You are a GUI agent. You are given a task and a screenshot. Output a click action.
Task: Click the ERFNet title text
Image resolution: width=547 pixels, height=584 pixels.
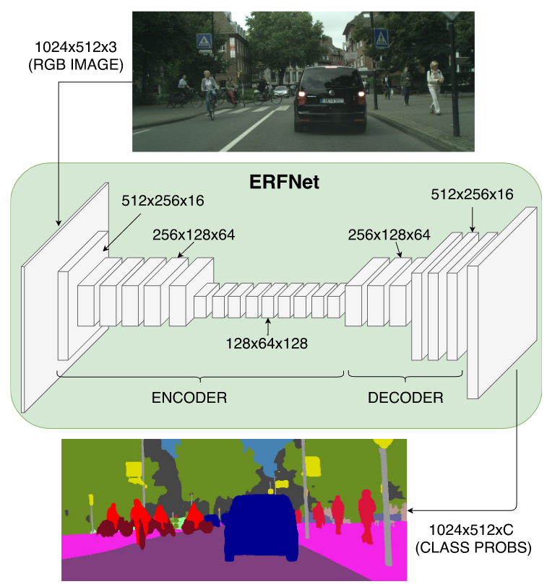[x=284, y=182]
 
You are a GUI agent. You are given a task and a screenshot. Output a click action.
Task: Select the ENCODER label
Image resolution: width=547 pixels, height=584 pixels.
[x=189, y=398]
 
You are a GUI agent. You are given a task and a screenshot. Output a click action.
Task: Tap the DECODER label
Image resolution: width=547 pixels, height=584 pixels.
[x=405, y=398]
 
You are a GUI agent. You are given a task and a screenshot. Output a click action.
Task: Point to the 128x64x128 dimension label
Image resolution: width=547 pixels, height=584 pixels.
[x=267, y=344]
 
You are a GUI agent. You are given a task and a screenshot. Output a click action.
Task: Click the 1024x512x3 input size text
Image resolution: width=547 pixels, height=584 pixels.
[x=76, y=48]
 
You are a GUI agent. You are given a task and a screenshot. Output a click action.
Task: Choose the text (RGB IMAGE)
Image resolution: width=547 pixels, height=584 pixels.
[x=76, y=65]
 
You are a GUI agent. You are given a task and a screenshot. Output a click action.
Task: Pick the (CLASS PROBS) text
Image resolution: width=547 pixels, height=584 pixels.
[x=473, y=547]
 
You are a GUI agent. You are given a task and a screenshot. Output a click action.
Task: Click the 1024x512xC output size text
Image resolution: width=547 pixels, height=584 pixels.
[x=471, y=530]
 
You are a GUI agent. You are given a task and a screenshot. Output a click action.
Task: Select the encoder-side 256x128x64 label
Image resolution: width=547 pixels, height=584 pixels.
[x=194, y=235]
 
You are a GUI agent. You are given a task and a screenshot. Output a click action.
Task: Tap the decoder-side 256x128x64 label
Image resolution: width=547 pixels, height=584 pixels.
[x=389, y=235]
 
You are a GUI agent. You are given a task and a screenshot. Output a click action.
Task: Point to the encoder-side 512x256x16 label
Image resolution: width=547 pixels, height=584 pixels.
[x=163, y=201]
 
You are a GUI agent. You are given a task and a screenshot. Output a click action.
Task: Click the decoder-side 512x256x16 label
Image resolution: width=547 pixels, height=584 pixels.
[x=472, y=194]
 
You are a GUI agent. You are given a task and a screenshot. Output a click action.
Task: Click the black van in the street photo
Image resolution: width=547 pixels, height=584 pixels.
[x=330, y=99]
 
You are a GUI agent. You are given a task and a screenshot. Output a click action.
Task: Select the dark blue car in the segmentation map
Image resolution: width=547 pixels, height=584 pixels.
[x=261, y=527]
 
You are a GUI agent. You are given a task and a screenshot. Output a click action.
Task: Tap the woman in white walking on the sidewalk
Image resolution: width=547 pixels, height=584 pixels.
[x=435, y=87]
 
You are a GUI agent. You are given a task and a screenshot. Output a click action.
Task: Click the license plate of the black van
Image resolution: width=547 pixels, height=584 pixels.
[x=332, y=100]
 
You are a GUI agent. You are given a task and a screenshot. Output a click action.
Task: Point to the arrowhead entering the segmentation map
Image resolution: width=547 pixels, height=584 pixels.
[x=410, y=510]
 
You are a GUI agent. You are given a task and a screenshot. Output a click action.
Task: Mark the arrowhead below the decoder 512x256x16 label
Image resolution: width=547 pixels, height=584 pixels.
[x=473, y=229]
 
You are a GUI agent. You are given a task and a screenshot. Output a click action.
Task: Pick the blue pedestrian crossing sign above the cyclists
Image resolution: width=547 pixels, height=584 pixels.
[x=204, y=41]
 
